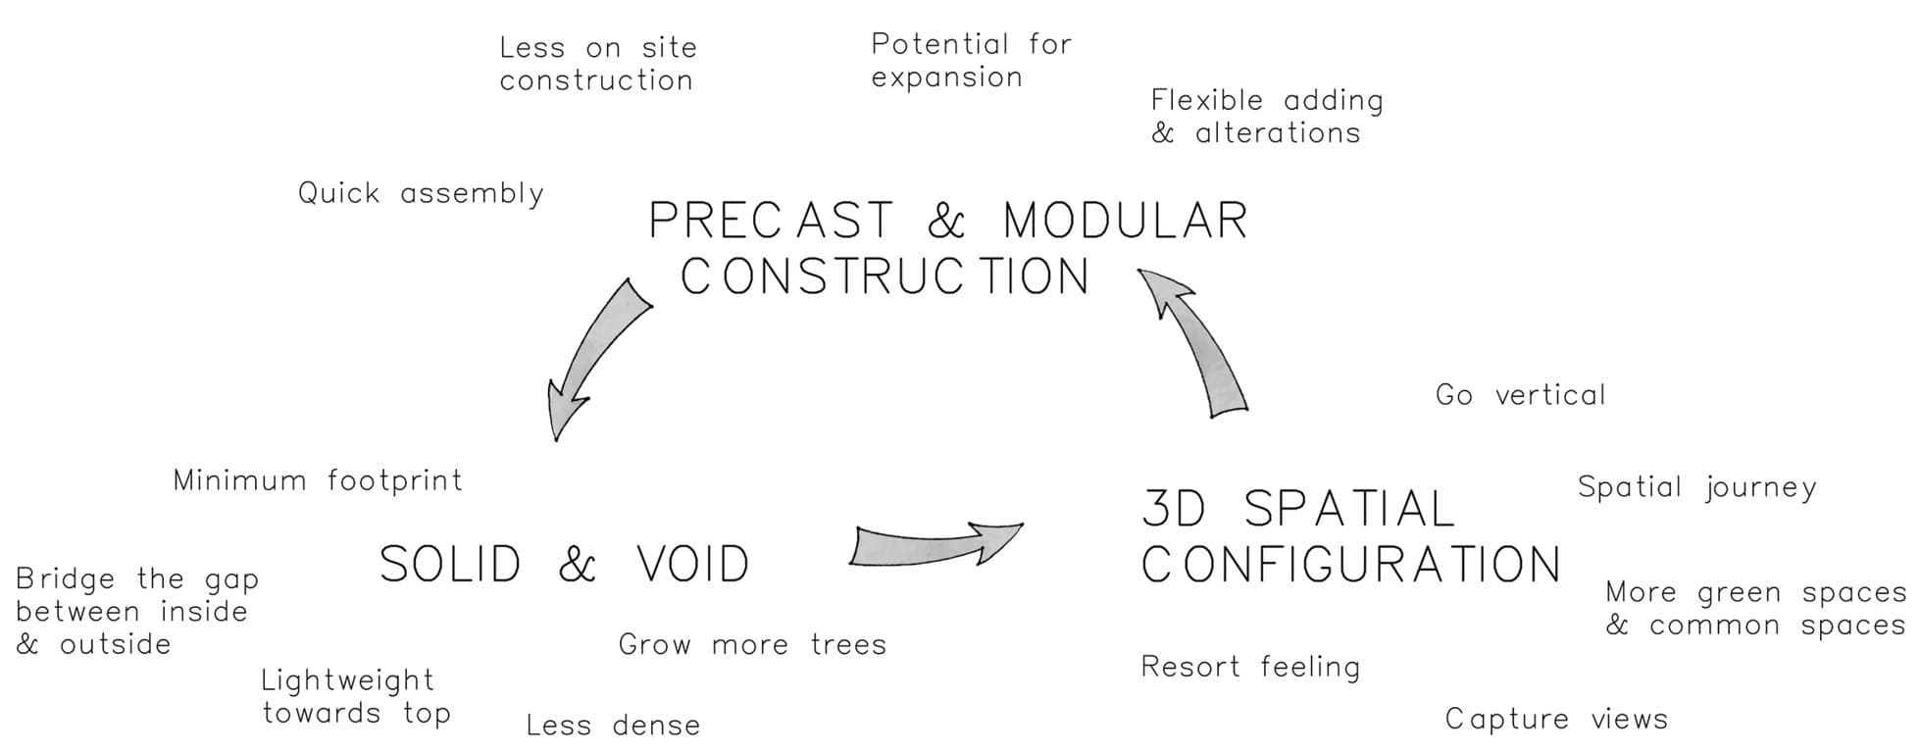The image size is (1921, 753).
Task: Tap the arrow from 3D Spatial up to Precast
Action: [x=1199, y=343]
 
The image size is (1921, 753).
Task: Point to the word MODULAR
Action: [x=1125, y=221]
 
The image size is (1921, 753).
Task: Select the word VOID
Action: [x=692, y=565]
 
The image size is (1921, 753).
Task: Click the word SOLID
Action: [x=450, y=565]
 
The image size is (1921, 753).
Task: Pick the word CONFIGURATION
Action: [x=1351, y=565]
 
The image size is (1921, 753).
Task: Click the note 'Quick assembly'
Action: [x=421, y=193]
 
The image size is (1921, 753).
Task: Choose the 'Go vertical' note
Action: [x=1520, y=395]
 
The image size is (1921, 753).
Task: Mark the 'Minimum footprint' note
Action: [x=318, y=480]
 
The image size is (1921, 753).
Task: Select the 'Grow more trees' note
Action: [x=752, y=644]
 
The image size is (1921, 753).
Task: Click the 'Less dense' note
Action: [x=613, y=726]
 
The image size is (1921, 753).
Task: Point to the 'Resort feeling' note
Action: [x=1250, y=668]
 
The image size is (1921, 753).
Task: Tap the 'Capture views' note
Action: [x=1556, y=720]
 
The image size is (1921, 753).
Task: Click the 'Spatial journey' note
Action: [x=1696, y=487]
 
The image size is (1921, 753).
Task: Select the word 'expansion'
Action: [x=946, y=77]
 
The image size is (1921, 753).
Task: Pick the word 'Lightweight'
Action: [x=347, y=680]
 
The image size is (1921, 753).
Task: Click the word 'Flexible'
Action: [x=1206, y=100]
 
